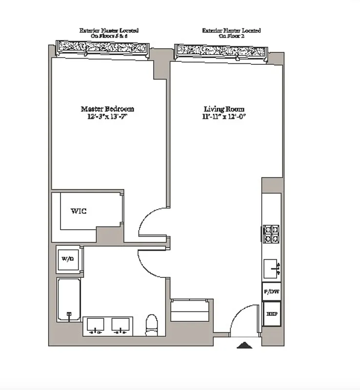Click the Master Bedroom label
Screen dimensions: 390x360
[x=107, y=109]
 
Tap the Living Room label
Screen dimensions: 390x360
[x=224, y=109]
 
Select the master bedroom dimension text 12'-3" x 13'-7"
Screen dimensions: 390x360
[x=107, y=117]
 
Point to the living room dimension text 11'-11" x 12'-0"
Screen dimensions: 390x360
[x=224, y=117]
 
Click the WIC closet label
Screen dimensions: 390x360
[x=79, y=211]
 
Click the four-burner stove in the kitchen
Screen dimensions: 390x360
[x=271, y=234]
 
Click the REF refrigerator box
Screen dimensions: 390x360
[x=271, y=314]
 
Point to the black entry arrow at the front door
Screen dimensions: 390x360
[x=244, y=346]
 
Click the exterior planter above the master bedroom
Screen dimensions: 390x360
[x=103, y=48]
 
